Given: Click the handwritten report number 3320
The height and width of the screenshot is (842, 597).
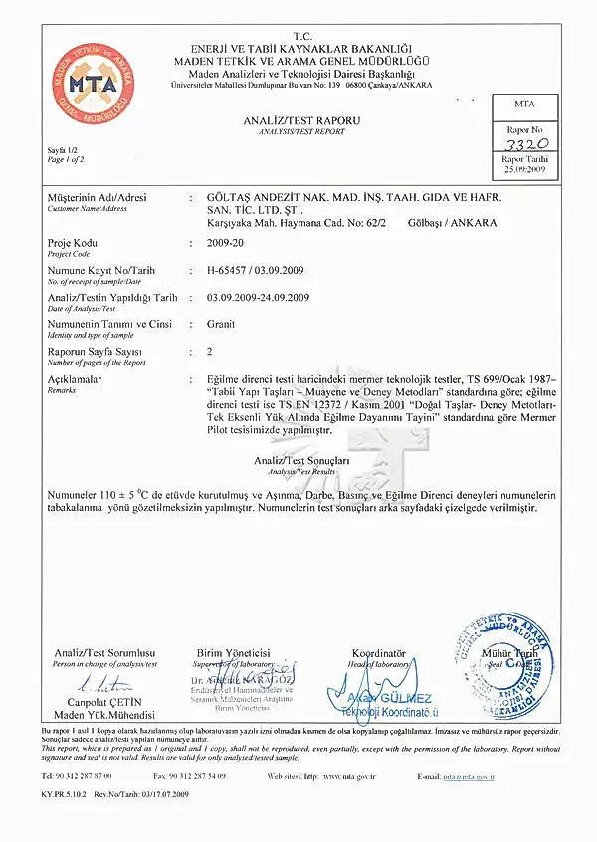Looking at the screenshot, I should (523, 143).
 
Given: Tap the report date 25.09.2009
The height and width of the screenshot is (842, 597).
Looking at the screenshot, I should (523, 169).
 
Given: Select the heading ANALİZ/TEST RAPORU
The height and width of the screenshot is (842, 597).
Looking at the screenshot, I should (301, 120).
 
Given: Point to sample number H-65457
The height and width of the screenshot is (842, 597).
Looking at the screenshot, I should (231, 270).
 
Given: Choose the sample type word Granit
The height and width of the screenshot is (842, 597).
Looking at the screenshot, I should (220, 324).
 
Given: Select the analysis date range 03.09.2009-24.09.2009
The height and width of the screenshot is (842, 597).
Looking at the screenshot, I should (258, 298).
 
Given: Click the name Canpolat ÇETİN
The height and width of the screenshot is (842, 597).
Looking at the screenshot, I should (104, 702).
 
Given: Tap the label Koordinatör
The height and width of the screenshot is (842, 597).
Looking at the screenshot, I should (379, 652).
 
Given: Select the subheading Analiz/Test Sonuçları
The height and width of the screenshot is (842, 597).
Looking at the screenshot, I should (301, 462).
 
